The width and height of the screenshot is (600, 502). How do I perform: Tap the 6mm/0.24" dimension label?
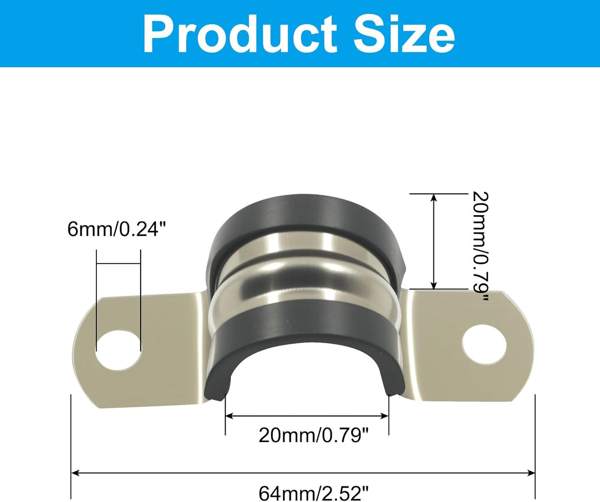pos(117,229)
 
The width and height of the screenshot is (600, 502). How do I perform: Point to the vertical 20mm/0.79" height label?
pos(480,246)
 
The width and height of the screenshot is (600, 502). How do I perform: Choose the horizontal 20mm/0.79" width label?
pos(313,435)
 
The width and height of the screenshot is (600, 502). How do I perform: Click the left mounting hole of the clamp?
pos(119,350)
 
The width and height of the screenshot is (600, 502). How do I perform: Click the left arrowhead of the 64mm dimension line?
pos(75,473)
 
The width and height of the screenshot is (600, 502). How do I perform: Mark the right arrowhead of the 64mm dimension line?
pos(531,473)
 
